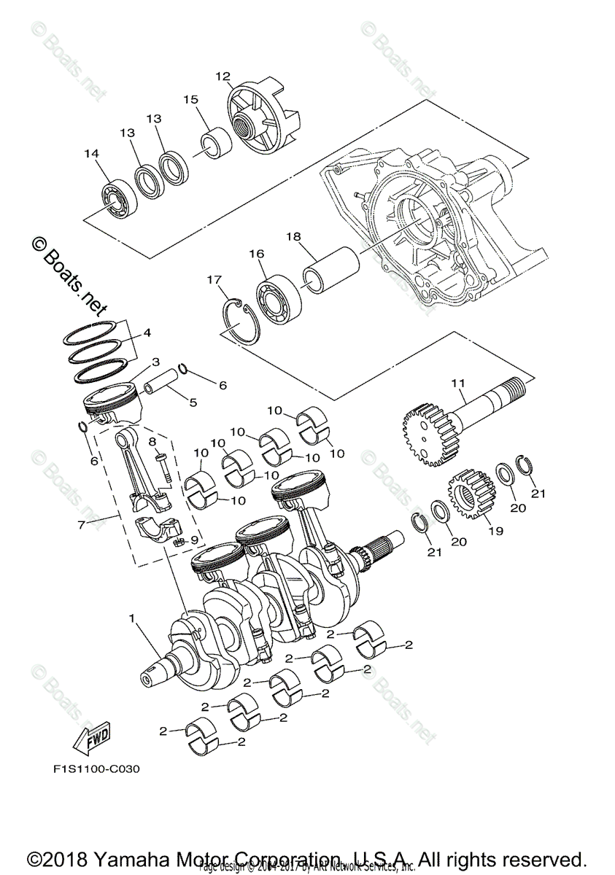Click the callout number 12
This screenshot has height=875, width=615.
click(x=223, y=76)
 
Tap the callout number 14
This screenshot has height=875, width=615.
click(x=91, y=154)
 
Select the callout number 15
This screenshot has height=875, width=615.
click(x=190, y=99)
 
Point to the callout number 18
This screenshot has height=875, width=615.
click(x=293, y=236)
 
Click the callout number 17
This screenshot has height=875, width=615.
click(x=214, y=279)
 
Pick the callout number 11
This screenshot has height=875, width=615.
click(x=457, y=382)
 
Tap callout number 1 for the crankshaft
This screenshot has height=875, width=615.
click(x=132, y=618)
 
